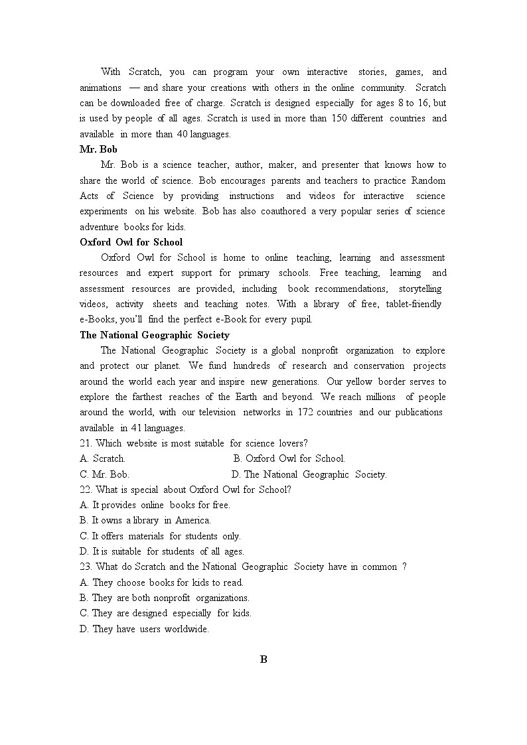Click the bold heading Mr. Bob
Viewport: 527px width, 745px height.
pos(98,149)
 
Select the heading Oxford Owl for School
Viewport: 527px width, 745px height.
pos(131,242)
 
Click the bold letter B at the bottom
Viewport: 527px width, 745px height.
pos(263,659)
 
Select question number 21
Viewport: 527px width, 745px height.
pos(86,443)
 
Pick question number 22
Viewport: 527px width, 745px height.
pos(86,490)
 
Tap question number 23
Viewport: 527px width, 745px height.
pos(86,567)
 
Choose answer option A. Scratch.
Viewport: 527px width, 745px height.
pos(102,458)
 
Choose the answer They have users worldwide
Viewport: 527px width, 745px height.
pos(144,629)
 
